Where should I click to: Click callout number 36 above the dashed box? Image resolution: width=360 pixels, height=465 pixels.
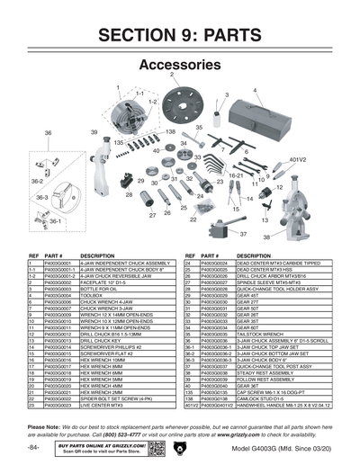coord(48,132)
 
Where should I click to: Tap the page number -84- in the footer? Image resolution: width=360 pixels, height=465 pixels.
coord(33,447)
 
